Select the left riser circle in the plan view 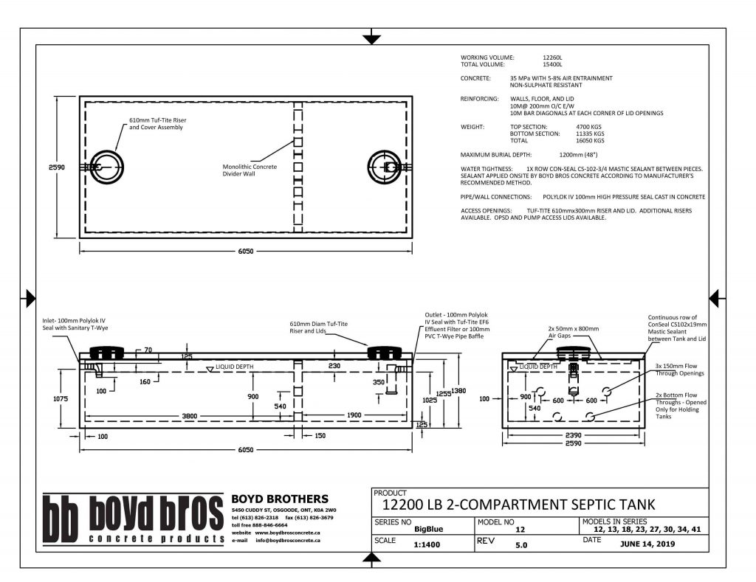tap(108, 167)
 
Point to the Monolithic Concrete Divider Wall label tap(250, 170)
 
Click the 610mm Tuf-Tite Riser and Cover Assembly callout tap(156, 123)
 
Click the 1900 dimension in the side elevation tap(354, 415)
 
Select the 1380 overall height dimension tap(459, 391)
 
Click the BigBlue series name tap(429, 528)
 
